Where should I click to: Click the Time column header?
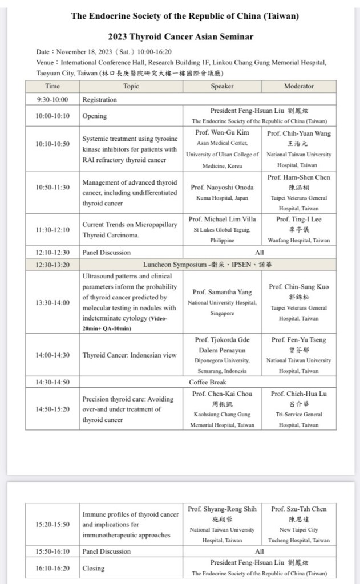pyautogui.click(x=52, y=86)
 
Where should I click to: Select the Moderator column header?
pyautogui.click(x=298, y=86)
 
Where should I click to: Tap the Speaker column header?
pyautogui.click(x=222, y=86)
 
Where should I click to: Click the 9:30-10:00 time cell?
pyautogui.click(x=52, y=99)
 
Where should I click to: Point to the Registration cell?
pyautogui.click(x=99, y=99)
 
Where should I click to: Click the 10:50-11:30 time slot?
pyautogui.click(x=52, y=188)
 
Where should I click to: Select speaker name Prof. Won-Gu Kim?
pyautogui.click(x=222, y=133)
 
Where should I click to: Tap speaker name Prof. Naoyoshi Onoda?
pyautogui.click(x=222, y=188)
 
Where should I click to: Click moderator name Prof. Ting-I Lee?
pyautogui.click(x=298, y=219)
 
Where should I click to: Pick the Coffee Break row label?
pyautogui.click(x=208, y=382)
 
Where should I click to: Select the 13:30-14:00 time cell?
pyautogui.click(x=52, y=302)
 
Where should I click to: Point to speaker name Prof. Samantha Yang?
pyautogui.click(x=222, y=292)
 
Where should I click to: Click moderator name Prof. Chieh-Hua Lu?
pyautogui.click(x=298, y=394)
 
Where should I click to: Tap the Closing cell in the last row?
pyautogui.click(x=94, y=568)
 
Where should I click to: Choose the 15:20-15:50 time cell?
pyautogui.click(x=52, y=524)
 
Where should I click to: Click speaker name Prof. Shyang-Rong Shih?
pyautogui.click(x=222, y=509)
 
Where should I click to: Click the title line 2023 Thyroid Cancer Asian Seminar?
pyautogui.click(x=180, y=37)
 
